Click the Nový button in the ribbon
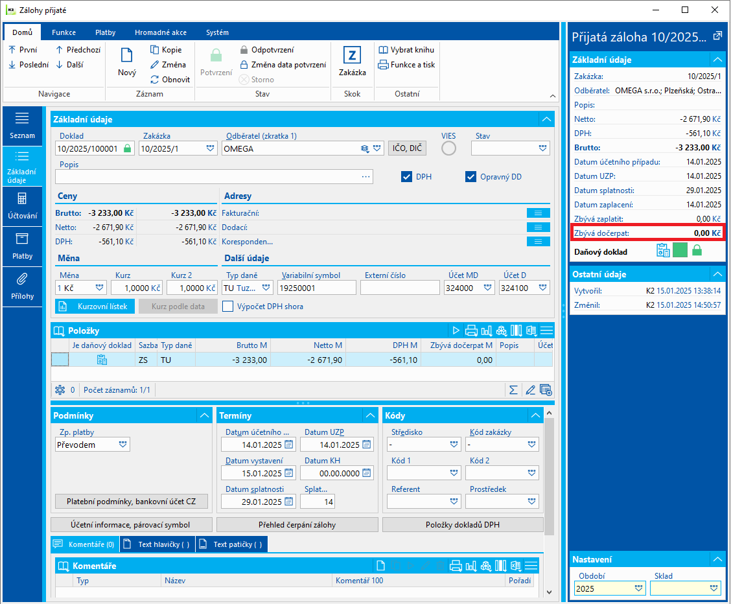127,62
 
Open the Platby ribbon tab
105,32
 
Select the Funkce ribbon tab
64,32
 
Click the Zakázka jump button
352,62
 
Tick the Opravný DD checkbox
471,177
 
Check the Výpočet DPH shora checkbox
228,307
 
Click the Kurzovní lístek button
95,307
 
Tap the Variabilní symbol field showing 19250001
316,288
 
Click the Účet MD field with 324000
465,288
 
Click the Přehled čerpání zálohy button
297,525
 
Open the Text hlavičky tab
157,544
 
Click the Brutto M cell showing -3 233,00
233,360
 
